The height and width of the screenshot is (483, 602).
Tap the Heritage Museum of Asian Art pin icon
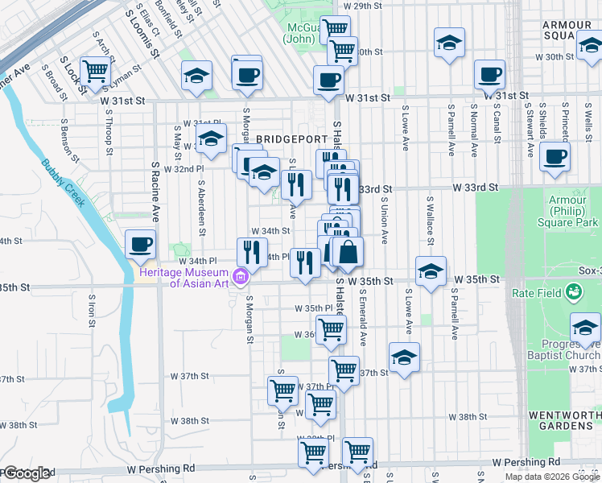239,279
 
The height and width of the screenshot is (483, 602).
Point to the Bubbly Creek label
64,184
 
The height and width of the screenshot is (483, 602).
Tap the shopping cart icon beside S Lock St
96,71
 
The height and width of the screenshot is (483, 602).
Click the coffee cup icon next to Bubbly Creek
140,244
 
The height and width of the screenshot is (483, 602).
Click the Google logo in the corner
26,473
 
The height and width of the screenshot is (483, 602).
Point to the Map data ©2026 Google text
552,477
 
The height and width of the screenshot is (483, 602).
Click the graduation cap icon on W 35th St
431,272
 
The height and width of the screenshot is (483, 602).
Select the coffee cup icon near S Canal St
489,76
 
